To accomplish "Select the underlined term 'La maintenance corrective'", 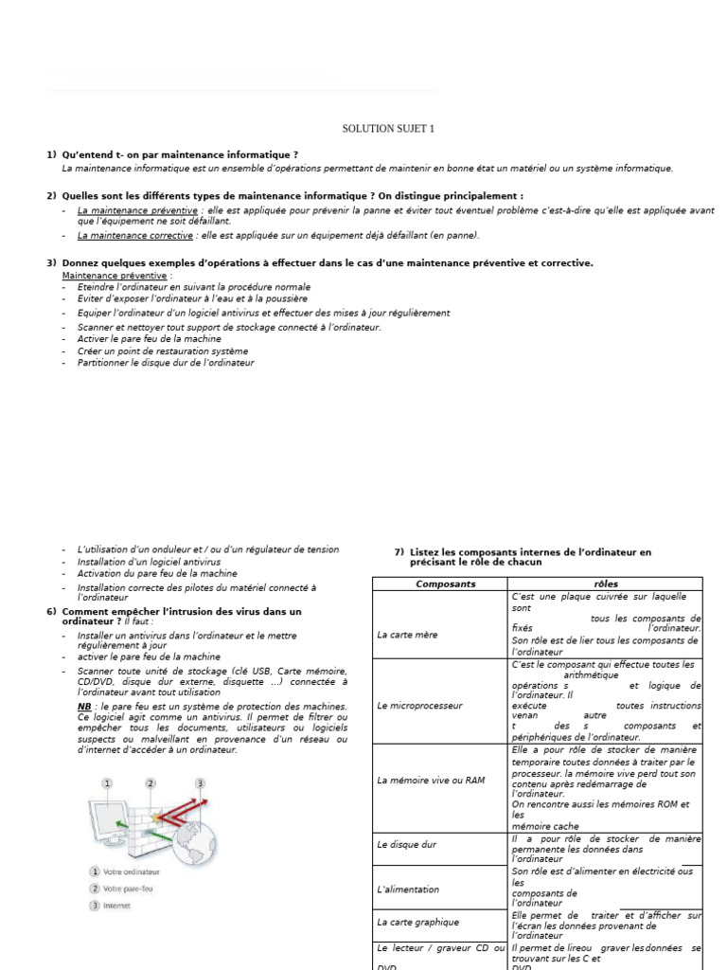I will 134,235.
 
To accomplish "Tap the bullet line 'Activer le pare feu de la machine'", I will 150,338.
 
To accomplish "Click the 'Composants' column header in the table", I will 446,584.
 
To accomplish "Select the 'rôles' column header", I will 605,584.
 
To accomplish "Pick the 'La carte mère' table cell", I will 407,635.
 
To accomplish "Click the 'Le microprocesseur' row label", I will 419,705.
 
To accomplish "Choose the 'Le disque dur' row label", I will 407,843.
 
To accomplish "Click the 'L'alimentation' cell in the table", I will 408,889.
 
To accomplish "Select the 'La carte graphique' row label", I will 417,921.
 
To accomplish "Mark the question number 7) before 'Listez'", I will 399,551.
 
